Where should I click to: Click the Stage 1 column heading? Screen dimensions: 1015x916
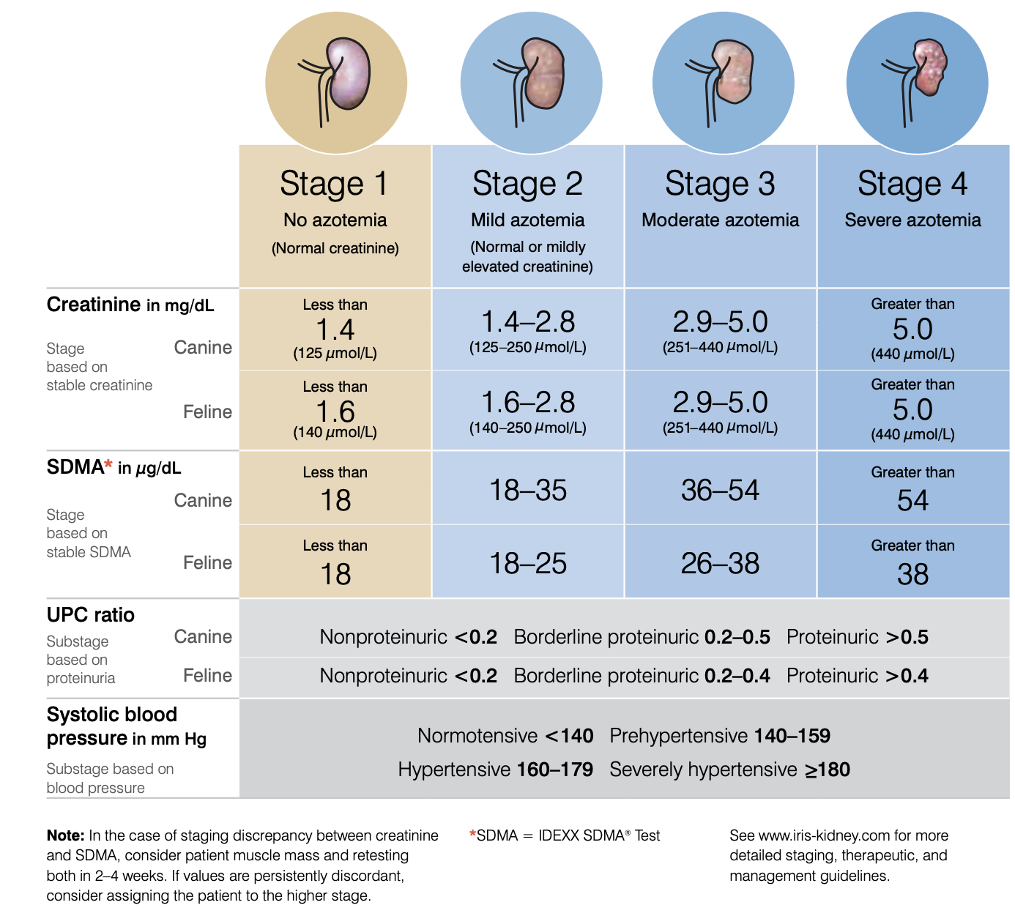click(x=334, y=183)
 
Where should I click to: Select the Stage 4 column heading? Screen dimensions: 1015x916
click(x=912, y=183)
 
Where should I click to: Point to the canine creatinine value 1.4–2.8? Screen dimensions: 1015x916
click(x=528, y=322)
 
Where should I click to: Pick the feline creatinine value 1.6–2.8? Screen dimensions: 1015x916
click(x=528, y=402)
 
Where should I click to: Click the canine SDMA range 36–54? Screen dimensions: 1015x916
click(x=720, y=490)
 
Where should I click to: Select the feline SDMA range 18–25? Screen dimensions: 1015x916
click(x=528, y=563)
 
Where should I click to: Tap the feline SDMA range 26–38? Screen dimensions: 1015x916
click(x=720, y=563)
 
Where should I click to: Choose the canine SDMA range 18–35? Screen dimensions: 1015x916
click(x=528, y=490)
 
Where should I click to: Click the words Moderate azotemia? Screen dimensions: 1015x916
click(x=720, y=220)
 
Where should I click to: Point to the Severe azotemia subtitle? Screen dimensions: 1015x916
click(x=912, y=220)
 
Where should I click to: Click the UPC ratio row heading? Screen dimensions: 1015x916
click(x=91, y=615)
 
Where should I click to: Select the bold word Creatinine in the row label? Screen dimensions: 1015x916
click(x=94, y=305)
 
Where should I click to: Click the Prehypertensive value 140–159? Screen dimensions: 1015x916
click(x=792, y=736)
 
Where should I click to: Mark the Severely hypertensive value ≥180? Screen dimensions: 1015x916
click(x=828, y=770)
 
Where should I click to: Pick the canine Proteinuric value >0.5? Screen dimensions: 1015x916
click(x=907, y=637)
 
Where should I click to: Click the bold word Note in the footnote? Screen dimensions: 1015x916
click(x=65, y=835)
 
